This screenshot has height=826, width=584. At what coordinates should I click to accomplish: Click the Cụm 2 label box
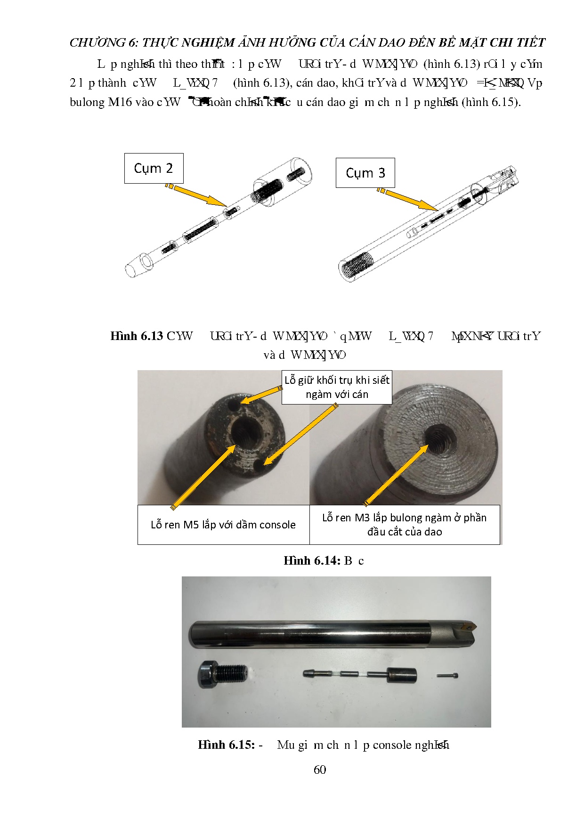click(x=154, y=168)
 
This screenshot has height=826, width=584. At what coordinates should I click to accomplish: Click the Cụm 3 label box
click(x=365, y=173)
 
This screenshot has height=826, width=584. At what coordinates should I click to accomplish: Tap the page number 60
click(x=320, y=769)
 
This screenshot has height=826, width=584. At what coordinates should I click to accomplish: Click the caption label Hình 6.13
click(x=137, y=336)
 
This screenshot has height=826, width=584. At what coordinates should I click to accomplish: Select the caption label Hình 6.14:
click(x=311, y=560)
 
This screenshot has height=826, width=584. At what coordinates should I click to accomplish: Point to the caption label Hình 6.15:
click(x=226, y=745)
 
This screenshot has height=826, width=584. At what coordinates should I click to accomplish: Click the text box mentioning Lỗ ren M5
click(x=223, y=525)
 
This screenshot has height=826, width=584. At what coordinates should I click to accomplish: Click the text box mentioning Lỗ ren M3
click(x=404, y=525)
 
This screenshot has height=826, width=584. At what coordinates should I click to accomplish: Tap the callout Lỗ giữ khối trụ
click(x=337, y=387)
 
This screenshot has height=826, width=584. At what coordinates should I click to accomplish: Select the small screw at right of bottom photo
click(x=447, y=675)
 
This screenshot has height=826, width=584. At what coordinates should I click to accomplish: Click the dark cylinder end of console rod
click(x=402, y=676)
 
